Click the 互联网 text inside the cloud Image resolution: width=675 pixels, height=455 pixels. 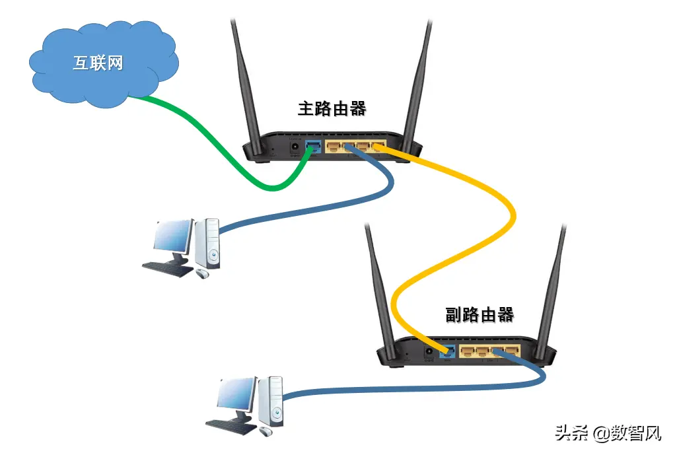point(97,63)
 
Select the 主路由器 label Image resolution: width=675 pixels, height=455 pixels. point(332,108)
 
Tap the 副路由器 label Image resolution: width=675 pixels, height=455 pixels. point(480,314)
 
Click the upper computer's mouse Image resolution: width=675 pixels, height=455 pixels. point(201,272)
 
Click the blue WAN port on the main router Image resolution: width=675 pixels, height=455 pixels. point(313,147)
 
